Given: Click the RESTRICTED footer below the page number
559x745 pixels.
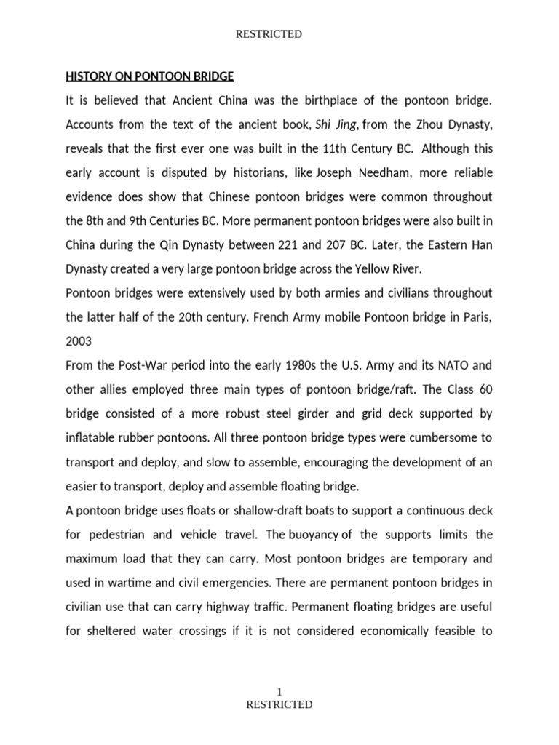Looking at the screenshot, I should point(279,704).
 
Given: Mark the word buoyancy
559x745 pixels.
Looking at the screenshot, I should point(314,535).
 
